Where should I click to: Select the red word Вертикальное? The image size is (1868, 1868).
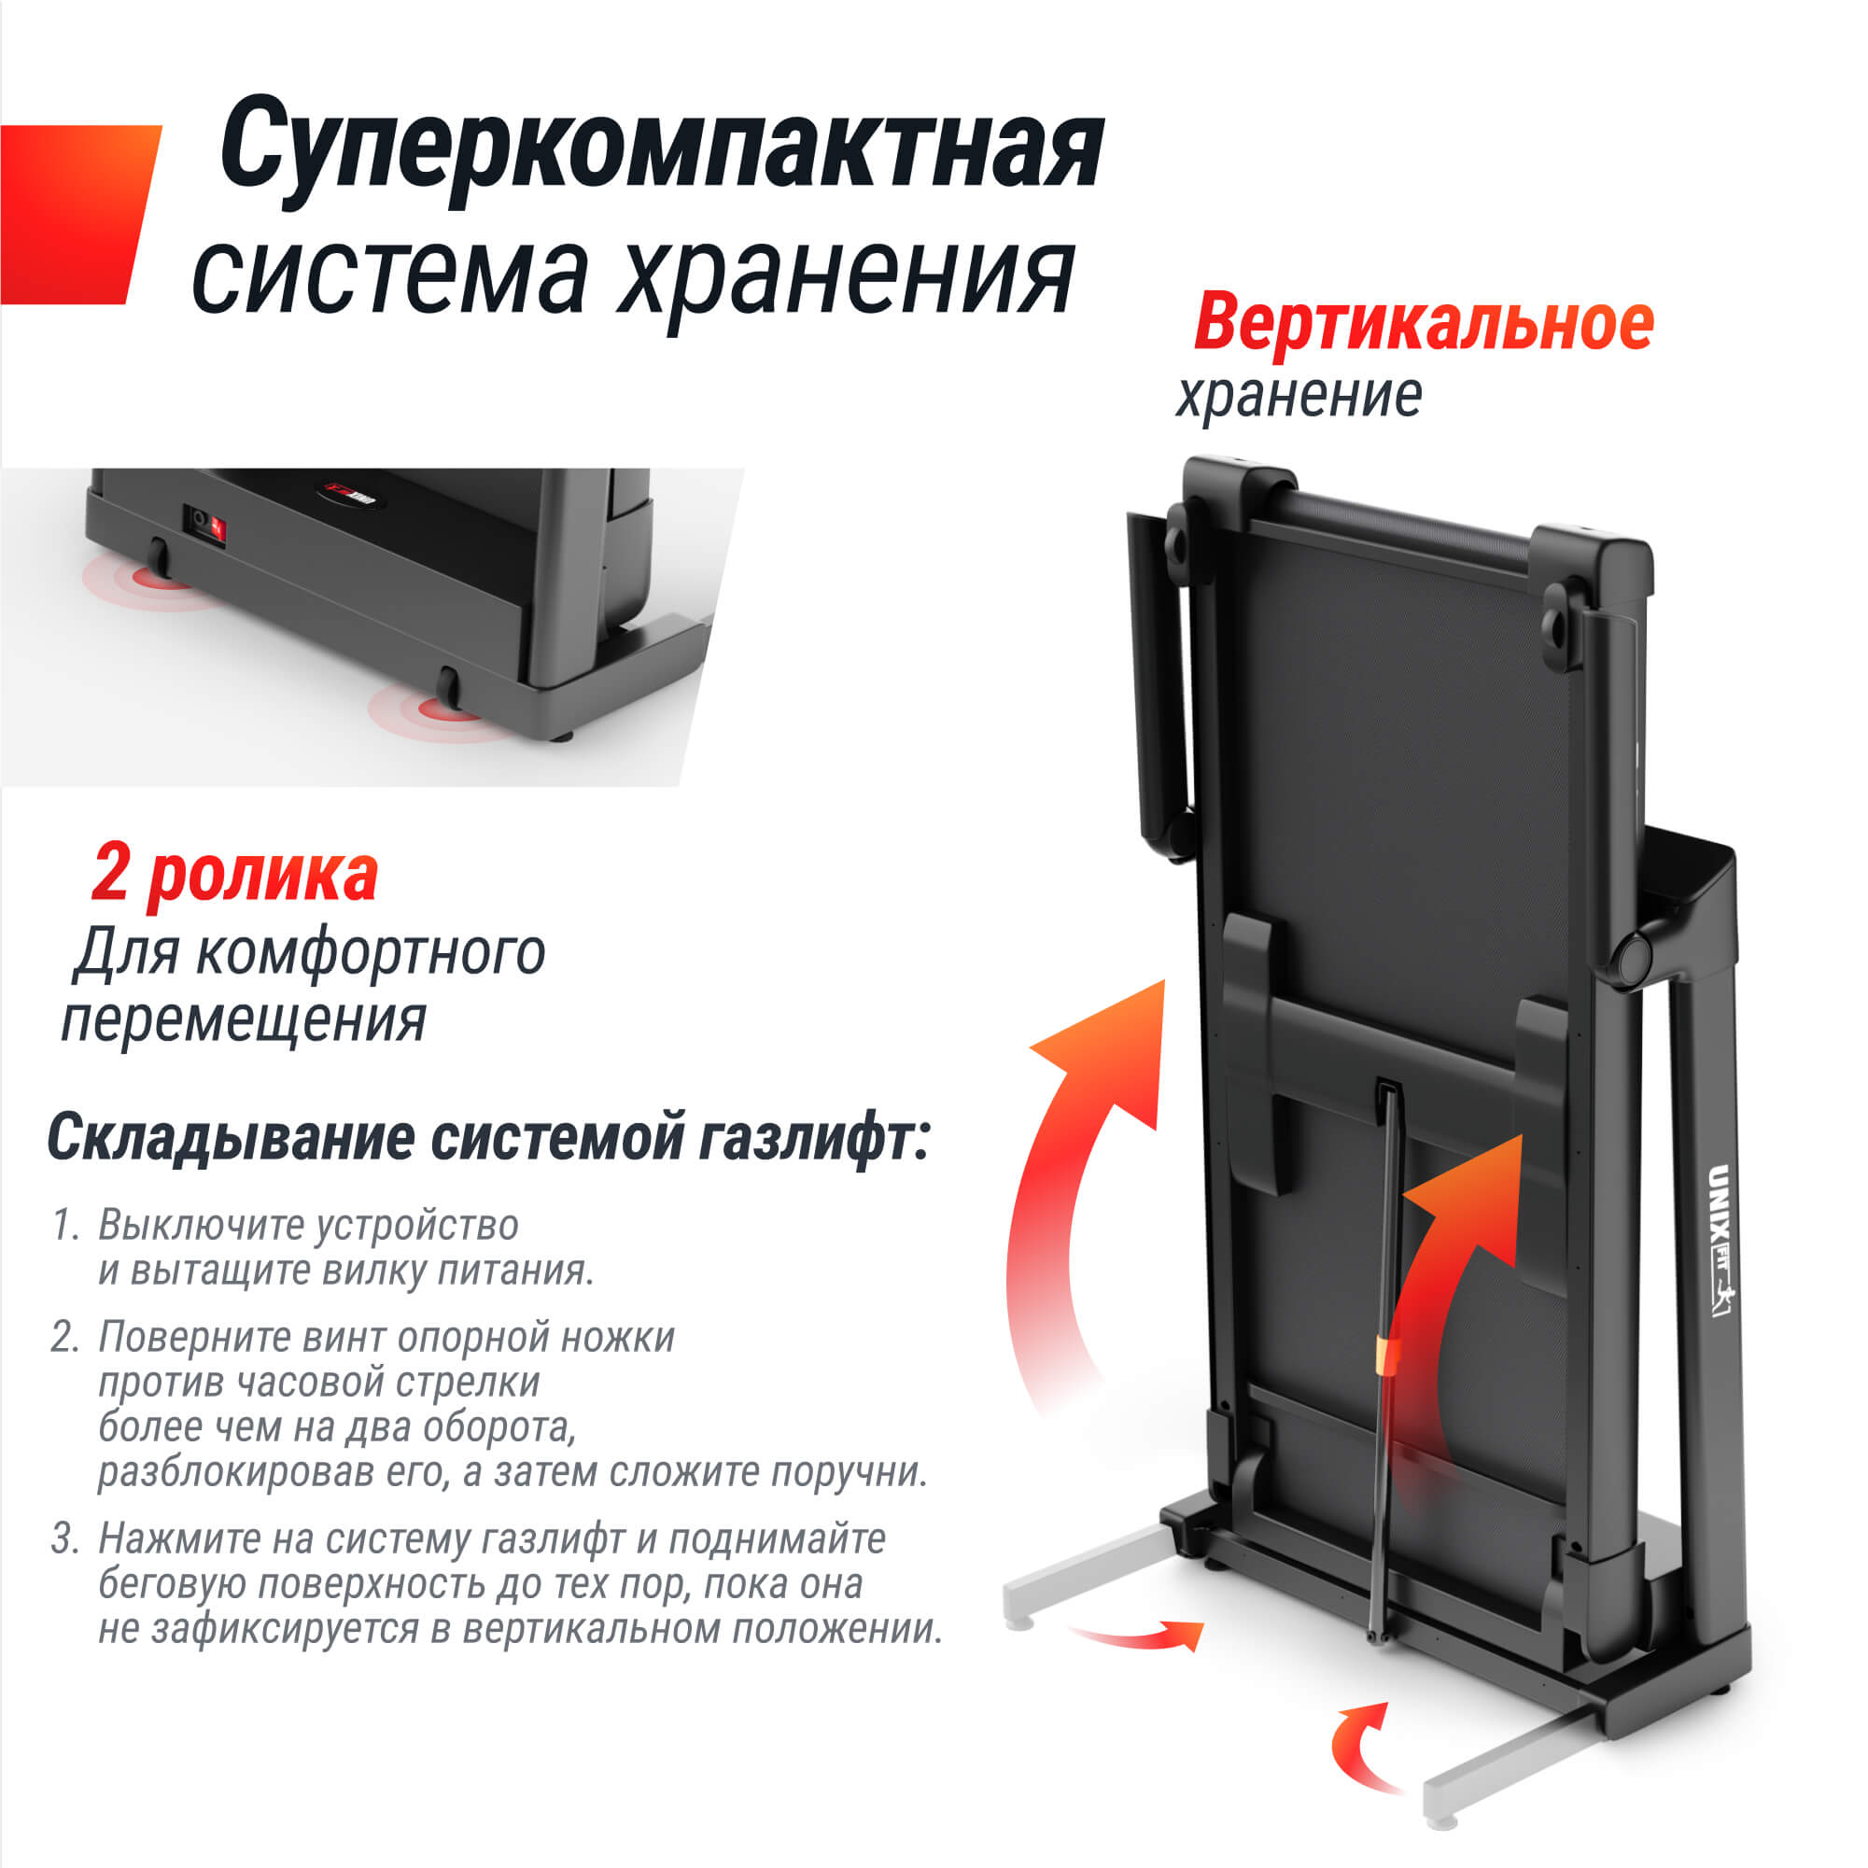(1423, 323)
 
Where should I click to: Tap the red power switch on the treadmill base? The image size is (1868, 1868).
(218, 527)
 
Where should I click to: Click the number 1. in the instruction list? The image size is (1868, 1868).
(65, 1226)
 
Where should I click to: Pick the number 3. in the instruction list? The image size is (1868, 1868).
(65, 1538)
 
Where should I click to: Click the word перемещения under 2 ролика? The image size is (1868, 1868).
(244, 1021)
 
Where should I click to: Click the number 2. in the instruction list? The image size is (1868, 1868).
(65, 1337)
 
